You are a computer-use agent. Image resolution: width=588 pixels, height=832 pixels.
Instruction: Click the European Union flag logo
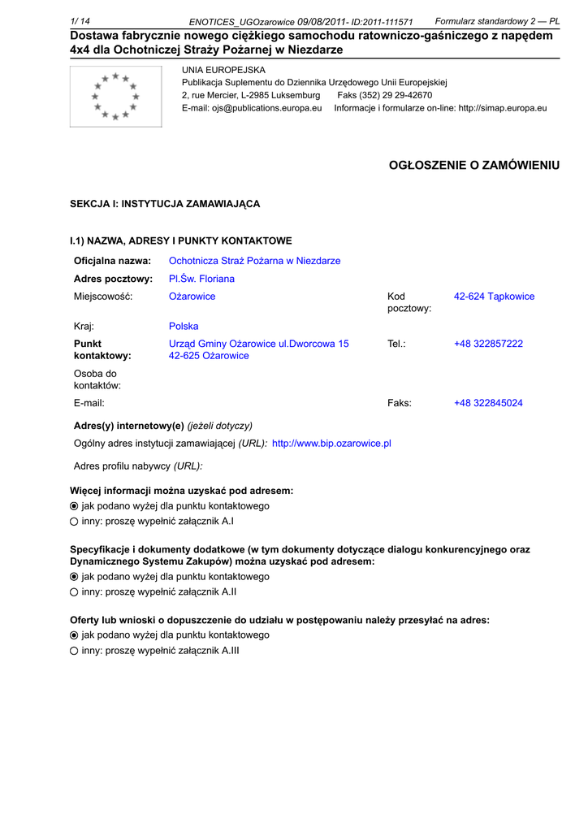pos(116,97)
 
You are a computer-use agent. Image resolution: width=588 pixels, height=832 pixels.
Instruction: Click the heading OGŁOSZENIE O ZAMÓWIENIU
pos(474,165)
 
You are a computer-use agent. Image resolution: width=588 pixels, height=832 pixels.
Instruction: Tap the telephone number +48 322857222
pos(488,344)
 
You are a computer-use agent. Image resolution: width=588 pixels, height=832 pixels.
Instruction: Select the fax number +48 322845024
pos(488,403)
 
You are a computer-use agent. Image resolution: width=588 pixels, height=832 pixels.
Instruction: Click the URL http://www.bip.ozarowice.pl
pos(331,444)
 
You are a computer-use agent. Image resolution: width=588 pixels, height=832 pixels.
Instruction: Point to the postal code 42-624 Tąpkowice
pos(494,297)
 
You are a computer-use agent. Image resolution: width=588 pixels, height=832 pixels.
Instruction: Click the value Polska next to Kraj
pos(184,327)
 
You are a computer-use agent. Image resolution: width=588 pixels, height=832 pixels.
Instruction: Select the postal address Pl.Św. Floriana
pos(201,279)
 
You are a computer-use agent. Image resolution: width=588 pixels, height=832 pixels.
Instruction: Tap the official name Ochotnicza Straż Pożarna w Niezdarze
pos(254,261)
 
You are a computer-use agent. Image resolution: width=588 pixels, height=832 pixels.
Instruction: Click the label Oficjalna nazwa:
pos(112,261)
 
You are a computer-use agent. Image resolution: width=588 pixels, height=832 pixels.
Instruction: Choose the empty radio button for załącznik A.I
pos(74,521)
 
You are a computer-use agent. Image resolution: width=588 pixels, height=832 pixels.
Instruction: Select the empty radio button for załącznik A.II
pos(74,592)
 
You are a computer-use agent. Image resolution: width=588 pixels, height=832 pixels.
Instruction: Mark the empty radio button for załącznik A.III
pos(74,651)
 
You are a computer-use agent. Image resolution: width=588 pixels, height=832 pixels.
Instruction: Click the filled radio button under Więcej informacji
pos(74,506)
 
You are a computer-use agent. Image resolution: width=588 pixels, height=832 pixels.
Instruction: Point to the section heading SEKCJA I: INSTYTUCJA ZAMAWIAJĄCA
pos(165,204)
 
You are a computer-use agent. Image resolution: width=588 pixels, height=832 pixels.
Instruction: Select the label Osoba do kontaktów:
pos(97,379)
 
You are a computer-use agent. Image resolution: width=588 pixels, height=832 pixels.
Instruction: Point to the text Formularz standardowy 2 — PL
pos(497,20)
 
